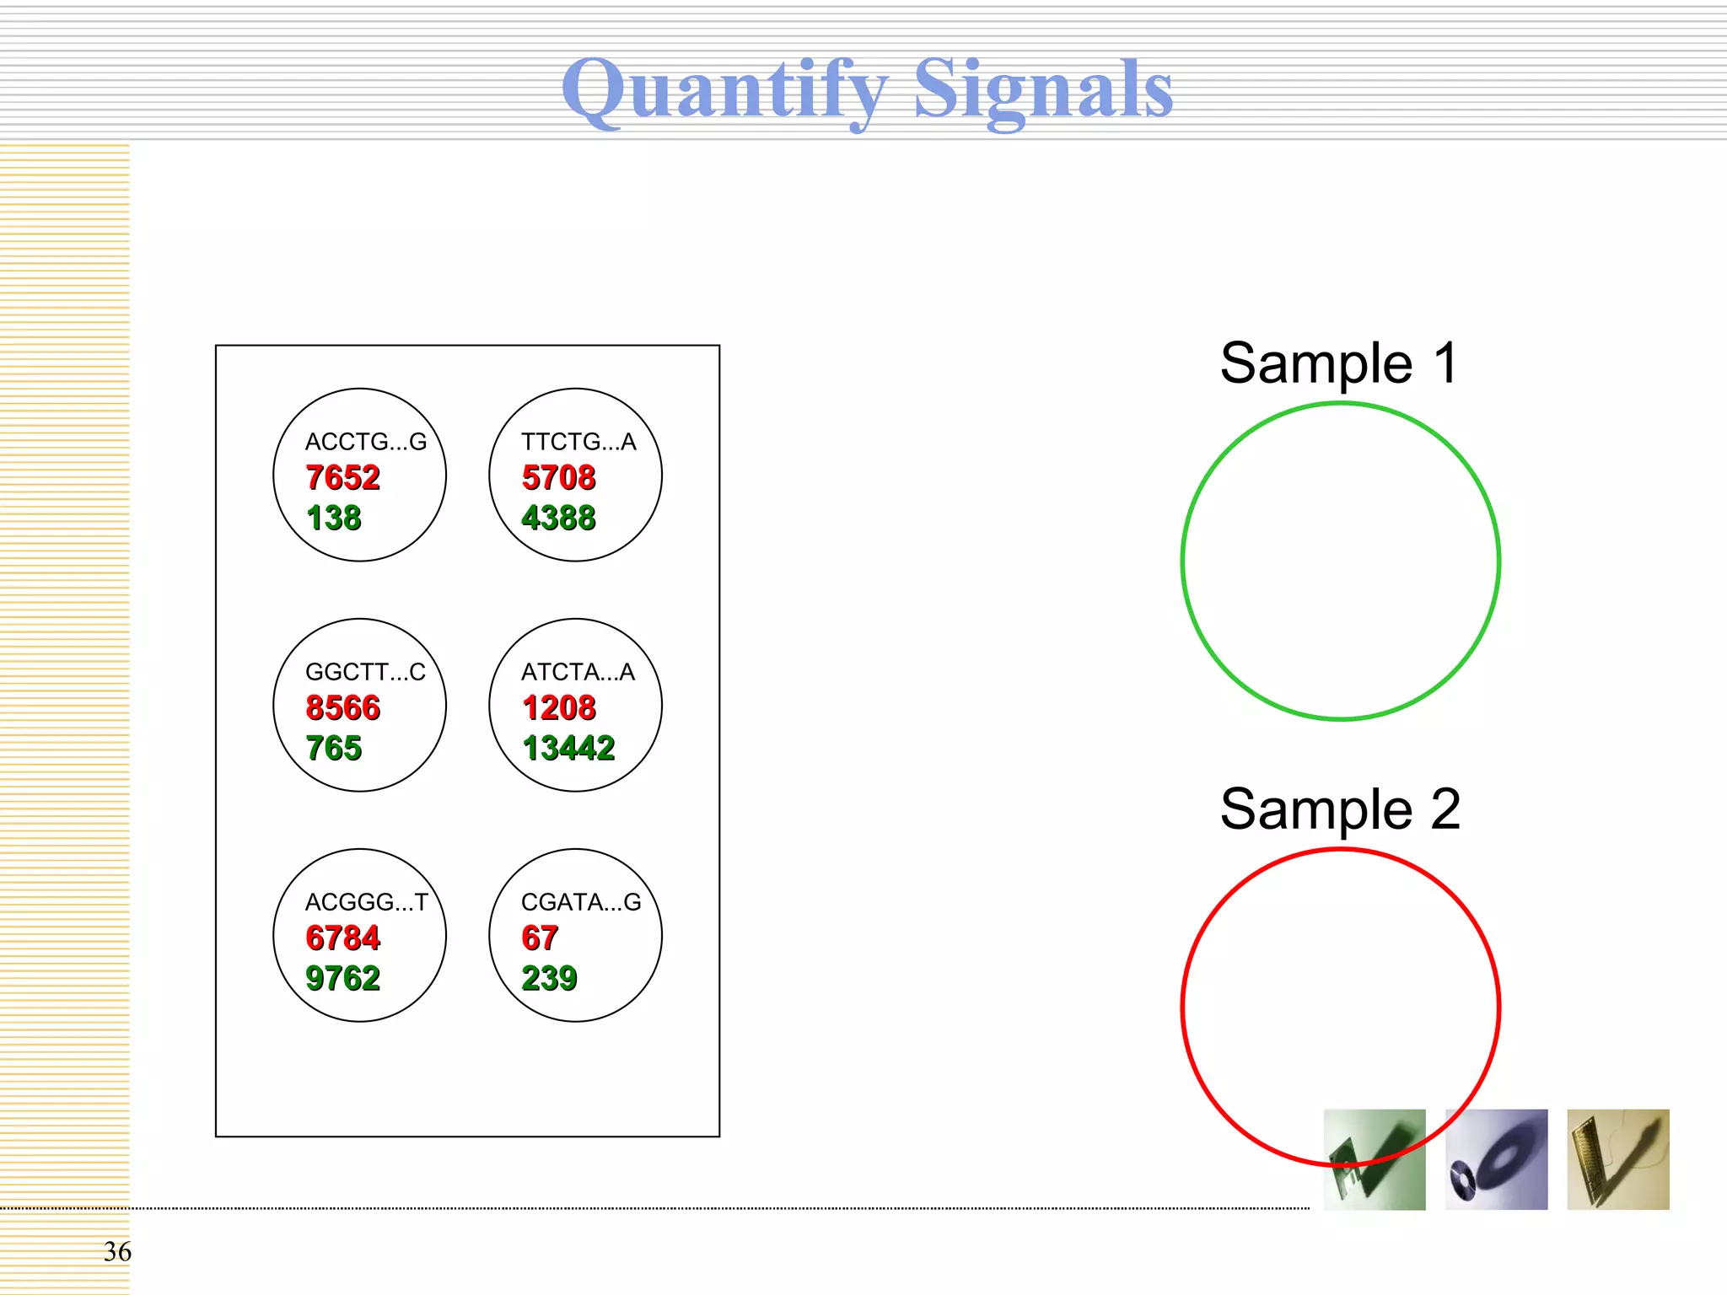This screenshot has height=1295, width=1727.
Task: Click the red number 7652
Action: pos(342,478)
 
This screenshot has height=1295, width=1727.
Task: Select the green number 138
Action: pos(334,518)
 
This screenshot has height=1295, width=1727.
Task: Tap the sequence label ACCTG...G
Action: pos(366,442)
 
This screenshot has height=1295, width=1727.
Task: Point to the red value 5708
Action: pos(558,478)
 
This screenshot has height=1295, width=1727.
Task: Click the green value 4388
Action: pos(558,518)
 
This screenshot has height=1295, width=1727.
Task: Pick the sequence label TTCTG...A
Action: pos(578,442)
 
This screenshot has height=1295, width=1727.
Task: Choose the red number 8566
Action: pos(342,708)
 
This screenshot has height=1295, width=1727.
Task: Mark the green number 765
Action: pos(334,748)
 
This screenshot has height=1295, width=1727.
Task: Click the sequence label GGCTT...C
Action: pos(365,672)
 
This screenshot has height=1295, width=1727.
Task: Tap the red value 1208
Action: pos(559,708)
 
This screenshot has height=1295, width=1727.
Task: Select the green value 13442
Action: pos(568,748)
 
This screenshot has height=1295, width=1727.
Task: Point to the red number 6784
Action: pos(342,938)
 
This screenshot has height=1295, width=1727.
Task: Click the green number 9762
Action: pos(342,978)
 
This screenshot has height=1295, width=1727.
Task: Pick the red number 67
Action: pos(540,938)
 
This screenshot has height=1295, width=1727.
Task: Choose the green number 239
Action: pos(549,978)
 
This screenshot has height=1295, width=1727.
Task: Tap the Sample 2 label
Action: pos(1340,809)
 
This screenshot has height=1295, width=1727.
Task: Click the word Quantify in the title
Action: pos(725,89)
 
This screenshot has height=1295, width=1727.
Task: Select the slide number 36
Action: pos(117,1251)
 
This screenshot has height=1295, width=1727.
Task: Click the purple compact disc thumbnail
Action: pos(1496,1159)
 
